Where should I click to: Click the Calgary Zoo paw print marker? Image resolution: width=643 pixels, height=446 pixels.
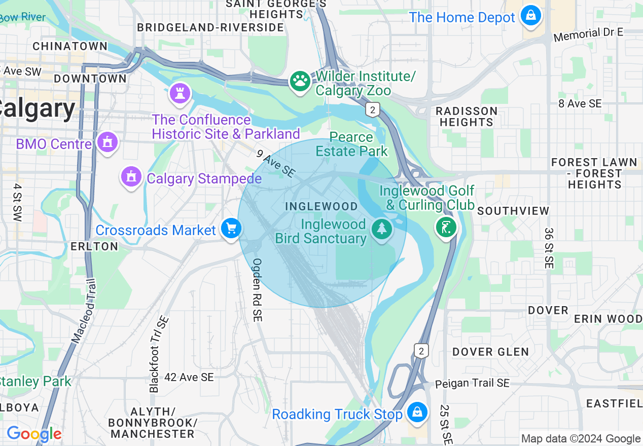[300, 82]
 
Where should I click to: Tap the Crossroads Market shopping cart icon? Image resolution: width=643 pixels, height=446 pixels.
[232, 229]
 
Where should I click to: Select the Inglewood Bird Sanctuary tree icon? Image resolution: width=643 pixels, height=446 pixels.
[381, 229]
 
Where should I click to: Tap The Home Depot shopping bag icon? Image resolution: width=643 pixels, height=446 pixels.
[530, 16]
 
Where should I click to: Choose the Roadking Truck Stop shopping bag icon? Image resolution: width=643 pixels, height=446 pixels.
[417, 413]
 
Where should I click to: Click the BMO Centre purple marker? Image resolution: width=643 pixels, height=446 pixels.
[108, 143]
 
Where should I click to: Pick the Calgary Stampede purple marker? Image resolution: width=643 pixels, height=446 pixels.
[131, 177]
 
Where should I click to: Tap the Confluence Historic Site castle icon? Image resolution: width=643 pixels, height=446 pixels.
[180, 93]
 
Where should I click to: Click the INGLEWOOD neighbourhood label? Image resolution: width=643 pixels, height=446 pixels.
[321, 206]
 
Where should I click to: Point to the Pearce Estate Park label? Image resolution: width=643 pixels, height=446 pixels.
[351, 144]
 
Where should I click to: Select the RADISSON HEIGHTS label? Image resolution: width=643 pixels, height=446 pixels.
[466, 117]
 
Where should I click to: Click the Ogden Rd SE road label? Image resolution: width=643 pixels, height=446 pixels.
[257, 290]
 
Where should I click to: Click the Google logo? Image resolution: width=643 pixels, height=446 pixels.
[34, 434]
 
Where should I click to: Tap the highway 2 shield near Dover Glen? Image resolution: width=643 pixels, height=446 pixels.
[420, 350]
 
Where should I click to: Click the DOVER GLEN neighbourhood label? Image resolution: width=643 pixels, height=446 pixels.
[490, 352]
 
